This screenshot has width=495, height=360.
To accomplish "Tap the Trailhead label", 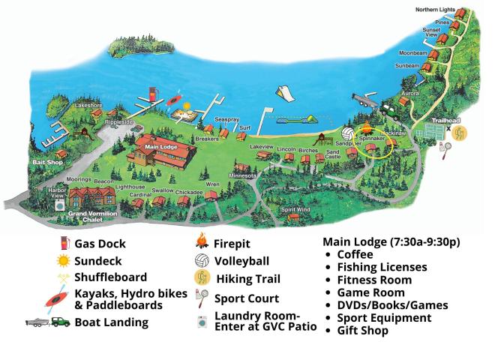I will (x=442, y=120).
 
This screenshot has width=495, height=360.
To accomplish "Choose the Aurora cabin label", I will (x=409, y=93).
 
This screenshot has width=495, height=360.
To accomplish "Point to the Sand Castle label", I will (x=332, y=154).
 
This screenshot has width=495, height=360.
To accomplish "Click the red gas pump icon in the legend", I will (x=64, y=244).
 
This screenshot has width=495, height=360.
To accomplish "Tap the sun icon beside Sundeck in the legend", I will (x=64, y=260).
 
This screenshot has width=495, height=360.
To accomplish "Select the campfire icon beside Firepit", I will (x=200, y=243).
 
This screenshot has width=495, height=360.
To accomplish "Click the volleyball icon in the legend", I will (x=200, y=262).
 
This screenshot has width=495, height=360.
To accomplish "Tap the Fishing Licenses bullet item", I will (x=382, y=267).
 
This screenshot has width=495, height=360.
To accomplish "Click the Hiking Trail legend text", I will (x=248, y=279).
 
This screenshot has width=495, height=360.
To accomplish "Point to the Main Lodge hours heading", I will (x=391, y=242).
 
